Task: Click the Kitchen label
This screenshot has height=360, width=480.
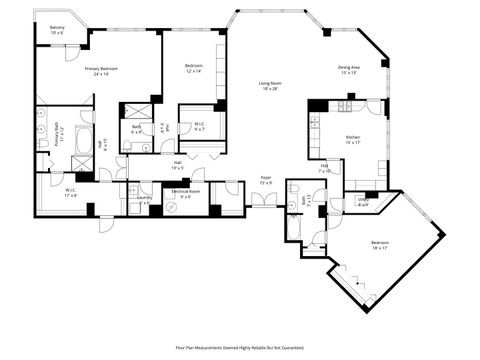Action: (x=353, y=139)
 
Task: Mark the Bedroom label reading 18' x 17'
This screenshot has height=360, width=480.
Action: (x=380, y=245)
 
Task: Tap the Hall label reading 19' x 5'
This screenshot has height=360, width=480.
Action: (x=176, y=165)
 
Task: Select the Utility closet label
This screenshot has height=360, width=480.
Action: (x=362, y=202)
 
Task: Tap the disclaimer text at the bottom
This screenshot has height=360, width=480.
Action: (x=241, y=348)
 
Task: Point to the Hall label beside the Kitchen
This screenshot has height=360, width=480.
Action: (x=326, y=167)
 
